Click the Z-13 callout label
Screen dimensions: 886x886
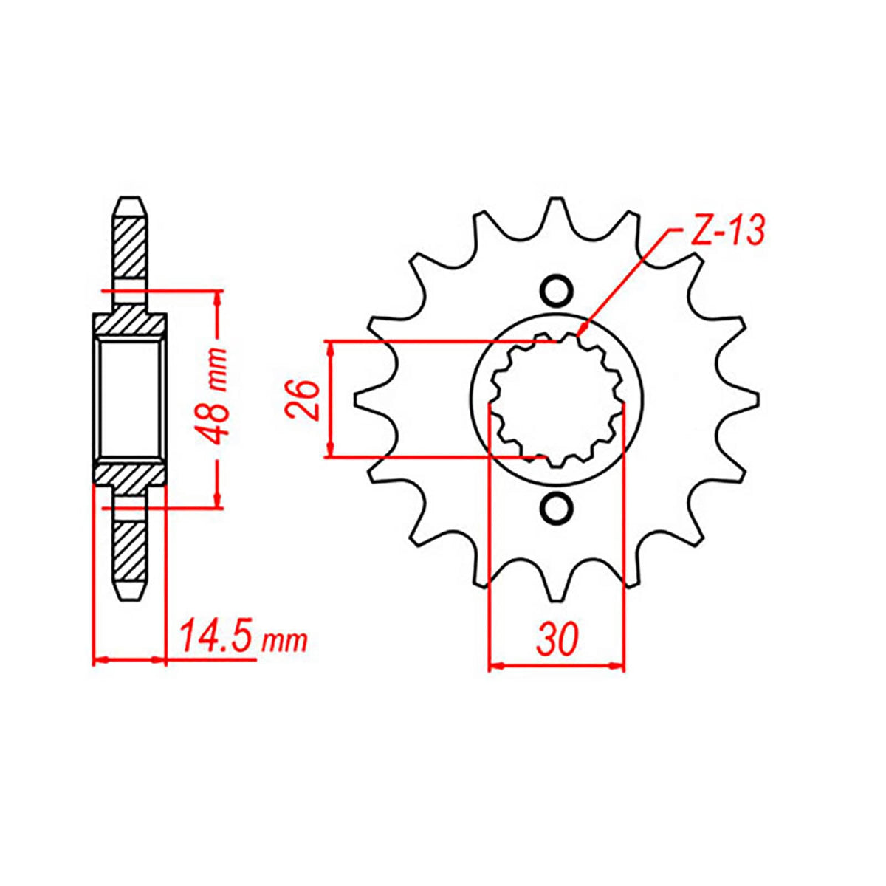click(720, 231)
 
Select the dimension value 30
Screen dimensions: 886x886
click(557, 640)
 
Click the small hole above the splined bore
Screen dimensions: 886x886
click(557, 290)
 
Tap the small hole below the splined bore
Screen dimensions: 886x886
click(557, 508)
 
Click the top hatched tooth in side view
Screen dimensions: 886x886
click(130, 244)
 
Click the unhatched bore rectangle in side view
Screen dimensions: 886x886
click(130, 399)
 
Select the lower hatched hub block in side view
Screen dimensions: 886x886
click(130, 474)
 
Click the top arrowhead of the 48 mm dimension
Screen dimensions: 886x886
click(217, 295)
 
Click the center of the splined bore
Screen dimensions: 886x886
click(557, 399)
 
